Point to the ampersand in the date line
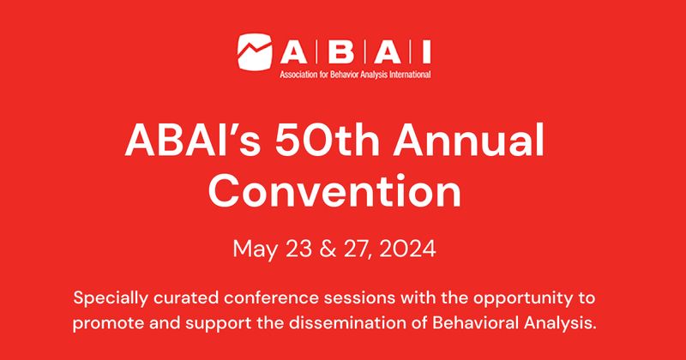click(x=324, y=250)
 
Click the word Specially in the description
click(x=108, y=299)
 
